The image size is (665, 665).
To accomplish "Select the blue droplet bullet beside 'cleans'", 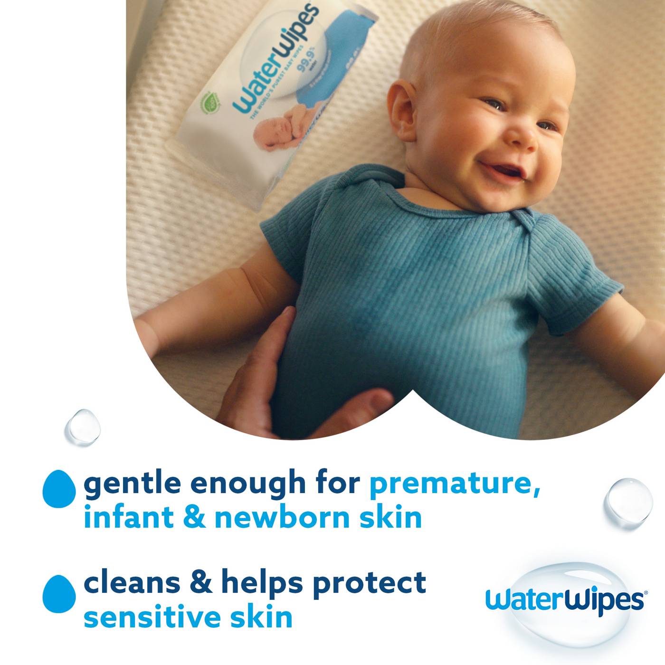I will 59,593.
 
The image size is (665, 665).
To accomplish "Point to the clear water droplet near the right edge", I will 628,503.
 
